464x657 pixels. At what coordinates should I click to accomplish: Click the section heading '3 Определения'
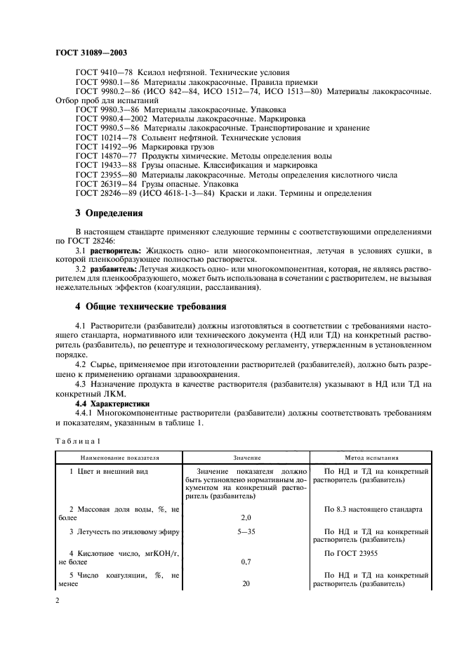click(109, 213)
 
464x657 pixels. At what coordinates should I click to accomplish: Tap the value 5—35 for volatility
click(246, 532)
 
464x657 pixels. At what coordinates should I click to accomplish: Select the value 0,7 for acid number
click(246, 562)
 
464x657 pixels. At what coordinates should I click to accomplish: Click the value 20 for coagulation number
click(246, 583)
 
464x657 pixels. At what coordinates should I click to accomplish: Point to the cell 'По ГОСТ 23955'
click(359, 554)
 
